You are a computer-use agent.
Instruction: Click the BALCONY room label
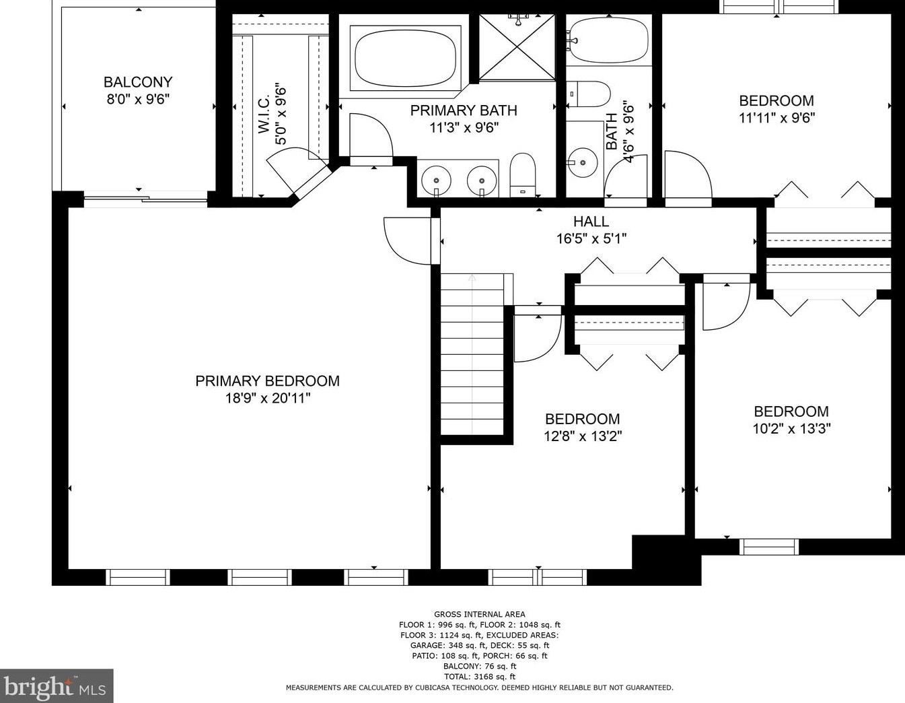coord(138,82)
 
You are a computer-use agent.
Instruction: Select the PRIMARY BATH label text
coord(464,110)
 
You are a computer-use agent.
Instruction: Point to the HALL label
coord(591,222)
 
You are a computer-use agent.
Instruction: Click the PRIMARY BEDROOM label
coord(267,381)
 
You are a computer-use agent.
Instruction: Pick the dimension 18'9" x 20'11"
coord(267,399)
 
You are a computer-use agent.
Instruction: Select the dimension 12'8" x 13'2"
coord(582,436)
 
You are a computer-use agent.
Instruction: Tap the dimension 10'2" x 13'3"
coord(791,429)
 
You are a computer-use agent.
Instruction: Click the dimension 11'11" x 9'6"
coord(776,118)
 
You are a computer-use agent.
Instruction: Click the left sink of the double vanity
coord(437,180)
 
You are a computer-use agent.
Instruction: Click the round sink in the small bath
coord(581,162)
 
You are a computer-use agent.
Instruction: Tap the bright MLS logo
coord(57,686)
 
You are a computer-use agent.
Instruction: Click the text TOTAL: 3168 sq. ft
coord(479,677)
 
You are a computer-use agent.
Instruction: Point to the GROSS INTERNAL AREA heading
coord(479,614)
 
